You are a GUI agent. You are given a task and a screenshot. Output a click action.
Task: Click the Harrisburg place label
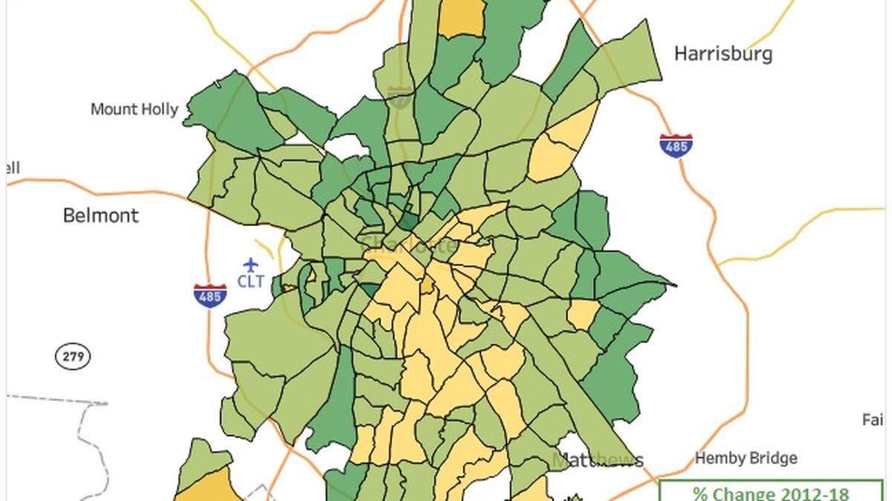pyautogui.click(x=723, y=54)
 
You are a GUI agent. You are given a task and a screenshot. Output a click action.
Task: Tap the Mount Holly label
pyautogui.click(x=135, y=109)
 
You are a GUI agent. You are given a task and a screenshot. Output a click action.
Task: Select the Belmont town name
pyautogui.click(x=100, y=216)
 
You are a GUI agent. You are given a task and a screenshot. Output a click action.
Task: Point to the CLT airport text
pyautogui.click(x=251, y=282)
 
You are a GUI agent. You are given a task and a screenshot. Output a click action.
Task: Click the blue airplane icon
pyautogui.click(x=251, y=265)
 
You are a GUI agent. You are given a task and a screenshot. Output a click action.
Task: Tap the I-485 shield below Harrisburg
pyautogui.click(x=676, y=145)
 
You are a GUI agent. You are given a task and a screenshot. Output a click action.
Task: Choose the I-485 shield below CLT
pyautogui.click(x=210, y=294)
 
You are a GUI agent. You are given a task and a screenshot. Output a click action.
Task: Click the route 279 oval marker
pyautogui.click(x=72, y=357)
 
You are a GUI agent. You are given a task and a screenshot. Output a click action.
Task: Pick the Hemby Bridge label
pyautogui.click(x=746, y=458)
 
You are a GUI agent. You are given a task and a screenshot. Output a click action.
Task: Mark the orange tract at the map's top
pyautogui.click(x=460, y=16)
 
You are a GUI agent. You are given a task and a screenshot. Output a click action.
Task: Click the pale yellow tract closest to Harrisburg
pyautogui.click(x=561, y=145)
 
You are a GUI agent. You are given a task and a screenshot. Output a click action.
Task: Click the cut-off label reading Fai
pyautogui.click(x=873, y=420)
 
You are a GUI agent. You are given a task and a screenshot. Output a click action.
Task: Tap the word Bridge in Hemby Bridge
pyautogui.click(x=772, y=458)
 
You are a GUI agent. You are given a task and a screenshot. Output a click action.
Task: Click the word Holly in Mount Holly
pyautogui.click(x=161, y=109)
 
